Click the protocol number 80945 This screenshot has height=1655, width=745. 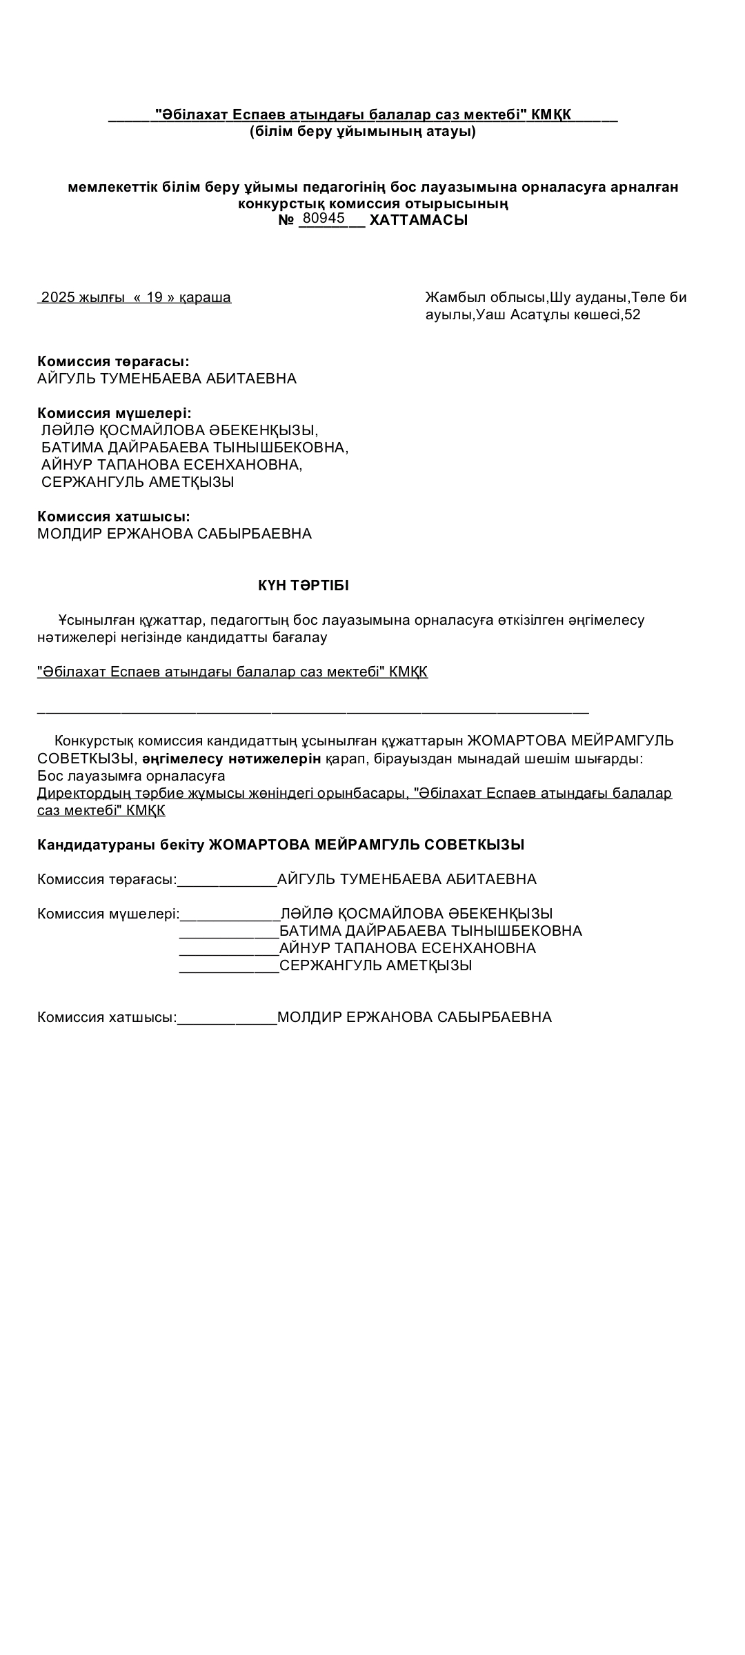point(324,219)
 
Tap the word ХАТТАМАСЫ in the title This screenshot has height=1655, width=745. point(419,221)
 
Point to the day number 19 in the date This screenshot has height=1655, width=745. point(155,298)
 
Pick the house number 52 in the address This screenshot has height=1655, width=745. point(632,315)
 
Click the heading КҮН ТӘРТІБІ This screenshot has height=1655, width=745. point(304,585)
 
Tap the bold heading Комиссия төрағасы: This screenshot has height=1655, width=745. point(113,361)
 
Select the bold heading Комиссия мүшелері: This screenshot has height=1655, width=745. point(115,413)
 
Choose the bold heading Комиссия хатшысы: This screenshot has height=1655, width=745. point(114,516)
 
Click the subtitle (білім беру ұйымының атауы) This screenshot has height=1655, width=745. point(363,131)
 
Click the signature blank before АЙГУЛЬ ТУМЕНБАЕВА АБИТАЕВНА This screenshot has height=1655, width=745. point(227,881)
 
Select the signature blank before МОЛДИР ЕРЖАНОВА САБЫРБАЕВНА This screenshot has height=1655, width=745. point(227,1019)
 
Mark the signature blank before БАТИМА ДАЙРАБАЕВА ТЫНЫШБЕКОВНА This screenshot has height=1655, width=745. point(229,932)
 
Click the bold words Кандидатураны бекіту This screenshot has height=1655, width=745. point(121,845)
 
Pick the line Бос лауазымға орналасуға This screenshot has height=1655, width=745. point(131,776)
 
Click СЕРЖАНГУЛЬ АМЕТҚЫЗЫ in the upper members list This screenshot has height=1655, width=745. point(138,482)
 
